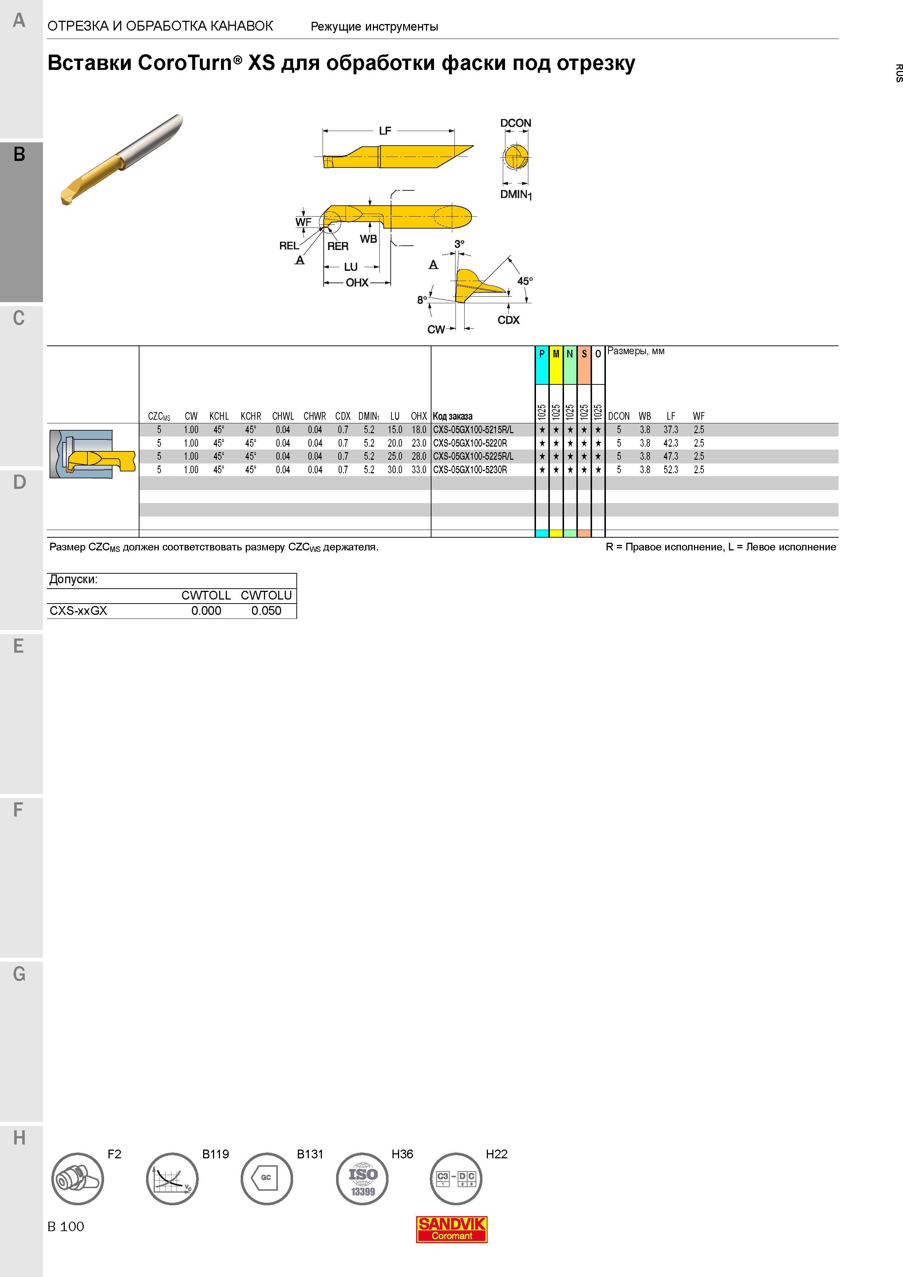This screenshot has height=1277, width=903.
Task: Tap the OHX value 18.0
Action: [419, 430]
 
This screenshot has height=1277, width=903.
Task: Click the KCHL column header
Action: [219, 416]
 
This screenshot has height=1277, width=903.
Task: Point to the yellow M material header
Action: [556, 365]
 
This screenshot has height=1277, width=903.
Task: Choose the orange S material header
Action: [584, 365]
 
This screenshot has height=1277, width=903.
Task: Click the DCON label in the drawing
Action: [515, 123]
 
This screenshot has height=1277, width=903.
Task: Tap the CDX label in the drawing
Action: [509, 320]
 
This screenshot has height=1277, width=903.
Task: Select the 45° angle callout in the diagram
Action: [525, 281]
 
